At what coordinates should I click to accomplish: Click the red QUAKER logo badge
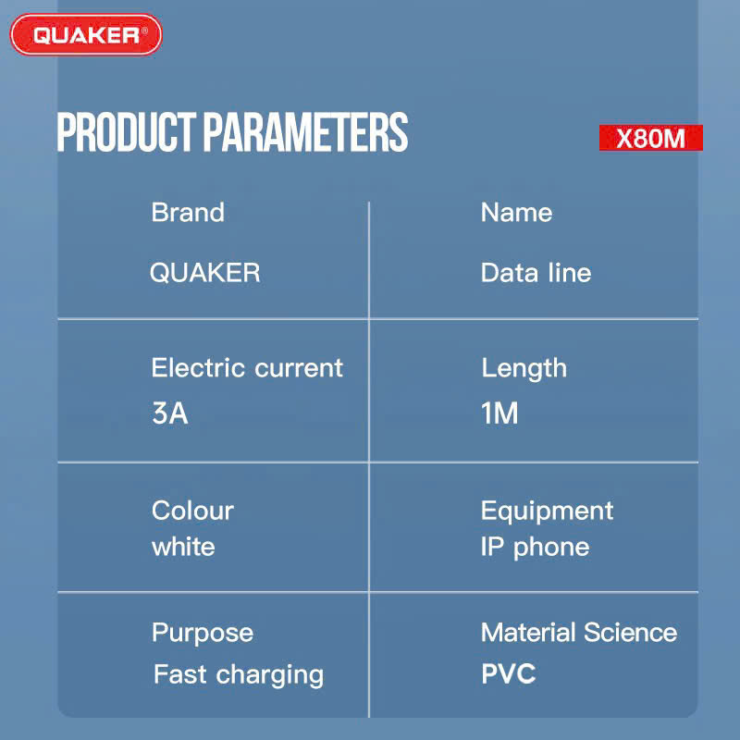[x=86, y=34]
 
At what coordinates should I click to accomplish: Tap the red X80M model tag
[x=651, y=138]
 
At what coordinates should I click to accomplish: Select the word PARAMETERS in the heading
[x=306, y=132]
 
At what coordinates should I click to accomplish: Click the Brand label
[x=188, y=213]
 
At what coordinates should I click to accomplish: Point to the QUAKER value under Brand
[x=204, y=273]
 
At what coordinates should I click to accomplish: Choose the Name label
[x=516, y=213]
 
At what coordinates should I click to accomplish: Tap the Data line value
[x=536, y=273]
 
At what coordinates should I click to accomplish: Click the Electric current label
[x=247, y=367]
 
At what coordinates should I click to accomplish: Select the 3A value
[x=170, y=413]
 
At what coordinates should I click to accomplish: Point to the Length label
[x=524, y=369]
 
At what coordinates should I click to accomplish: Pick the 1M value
[x=499, y=413]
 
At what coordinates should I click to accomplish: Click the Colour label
[x=192, y=511]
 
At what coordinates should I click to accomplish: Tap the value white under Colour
[x=183, y=547]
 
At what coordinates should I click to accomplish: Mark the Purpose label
[x=203, y=634]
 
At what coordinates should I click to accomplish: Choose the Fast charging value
[x=239, y=675]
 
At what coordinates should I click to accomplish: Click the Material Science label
[x=579, y=633]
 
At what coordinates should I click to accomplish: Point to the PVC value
[x=508, y=673]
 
